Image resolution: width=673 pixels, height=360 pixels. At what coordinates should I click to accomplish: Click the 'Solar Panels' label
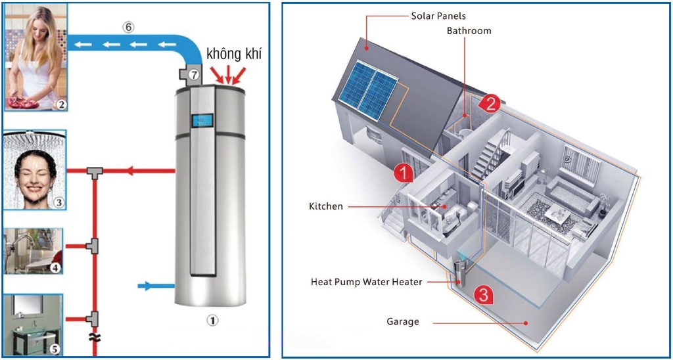[x=438, y=16]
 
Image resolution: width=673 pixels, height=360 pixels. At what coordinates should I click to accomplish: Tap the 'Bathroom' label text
[x=469, y=31]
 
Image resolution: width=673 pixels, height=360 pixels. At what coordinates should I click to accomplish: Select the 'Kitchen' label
[x=326, y=206]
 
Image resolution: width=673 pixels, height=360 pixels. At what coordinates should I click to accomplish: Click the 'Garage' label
[x=403, y=322]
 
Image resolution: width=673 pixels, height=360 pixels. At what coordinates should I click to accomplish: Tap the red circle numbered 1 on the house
[x=403, y=173]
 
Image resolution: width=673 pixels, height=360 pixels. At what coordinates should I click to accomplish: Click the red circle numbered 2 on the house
[x=490, y=102]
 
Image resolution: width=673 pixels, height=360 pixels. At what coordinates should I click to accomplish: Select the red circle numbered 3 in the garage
[x=484, y=295]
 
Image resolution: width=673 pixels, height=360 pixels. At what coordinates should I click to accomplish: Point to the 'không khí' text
[x=233, y=54]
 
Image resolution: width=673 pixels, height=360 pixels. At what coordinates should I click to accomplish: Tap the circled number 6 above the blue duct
[x=128, y=28]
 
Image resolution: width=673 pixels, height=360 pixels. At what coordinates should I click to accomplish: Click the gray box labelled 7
[x=192, y=75]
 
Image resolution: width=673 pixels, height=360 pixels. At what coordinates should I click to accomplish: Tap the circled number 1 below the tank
[x=212, y=321]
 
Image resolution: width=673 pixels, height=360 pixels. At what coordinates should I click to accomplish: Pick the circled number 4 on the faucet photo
[x=55, y=267]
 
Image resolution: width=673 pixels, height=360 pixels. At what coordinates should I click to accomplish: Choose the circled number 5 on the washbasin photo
[x=55, y=349]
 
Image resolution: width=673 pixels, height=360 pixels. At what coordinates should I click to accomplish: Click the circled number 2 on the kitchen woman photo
[x=60, y=104]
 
